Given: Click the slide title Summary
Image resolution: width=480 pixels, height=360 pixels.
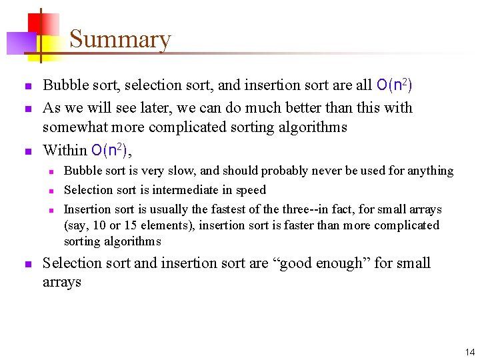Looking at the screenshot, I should click(120, 39).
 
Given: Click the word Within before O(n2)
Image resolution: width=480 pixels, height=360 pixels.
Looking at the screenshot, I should click(65, 150).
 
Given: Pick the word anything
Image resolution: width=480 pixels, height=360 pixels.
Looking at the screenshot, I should click(427, 171).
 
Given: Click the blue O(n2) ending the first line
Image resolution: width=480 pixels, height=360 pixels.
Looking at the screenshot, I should click(394, 85).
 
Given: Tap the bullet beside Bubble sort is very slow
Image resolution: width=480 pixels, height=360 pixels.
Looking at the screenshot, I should click(51, 171).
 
